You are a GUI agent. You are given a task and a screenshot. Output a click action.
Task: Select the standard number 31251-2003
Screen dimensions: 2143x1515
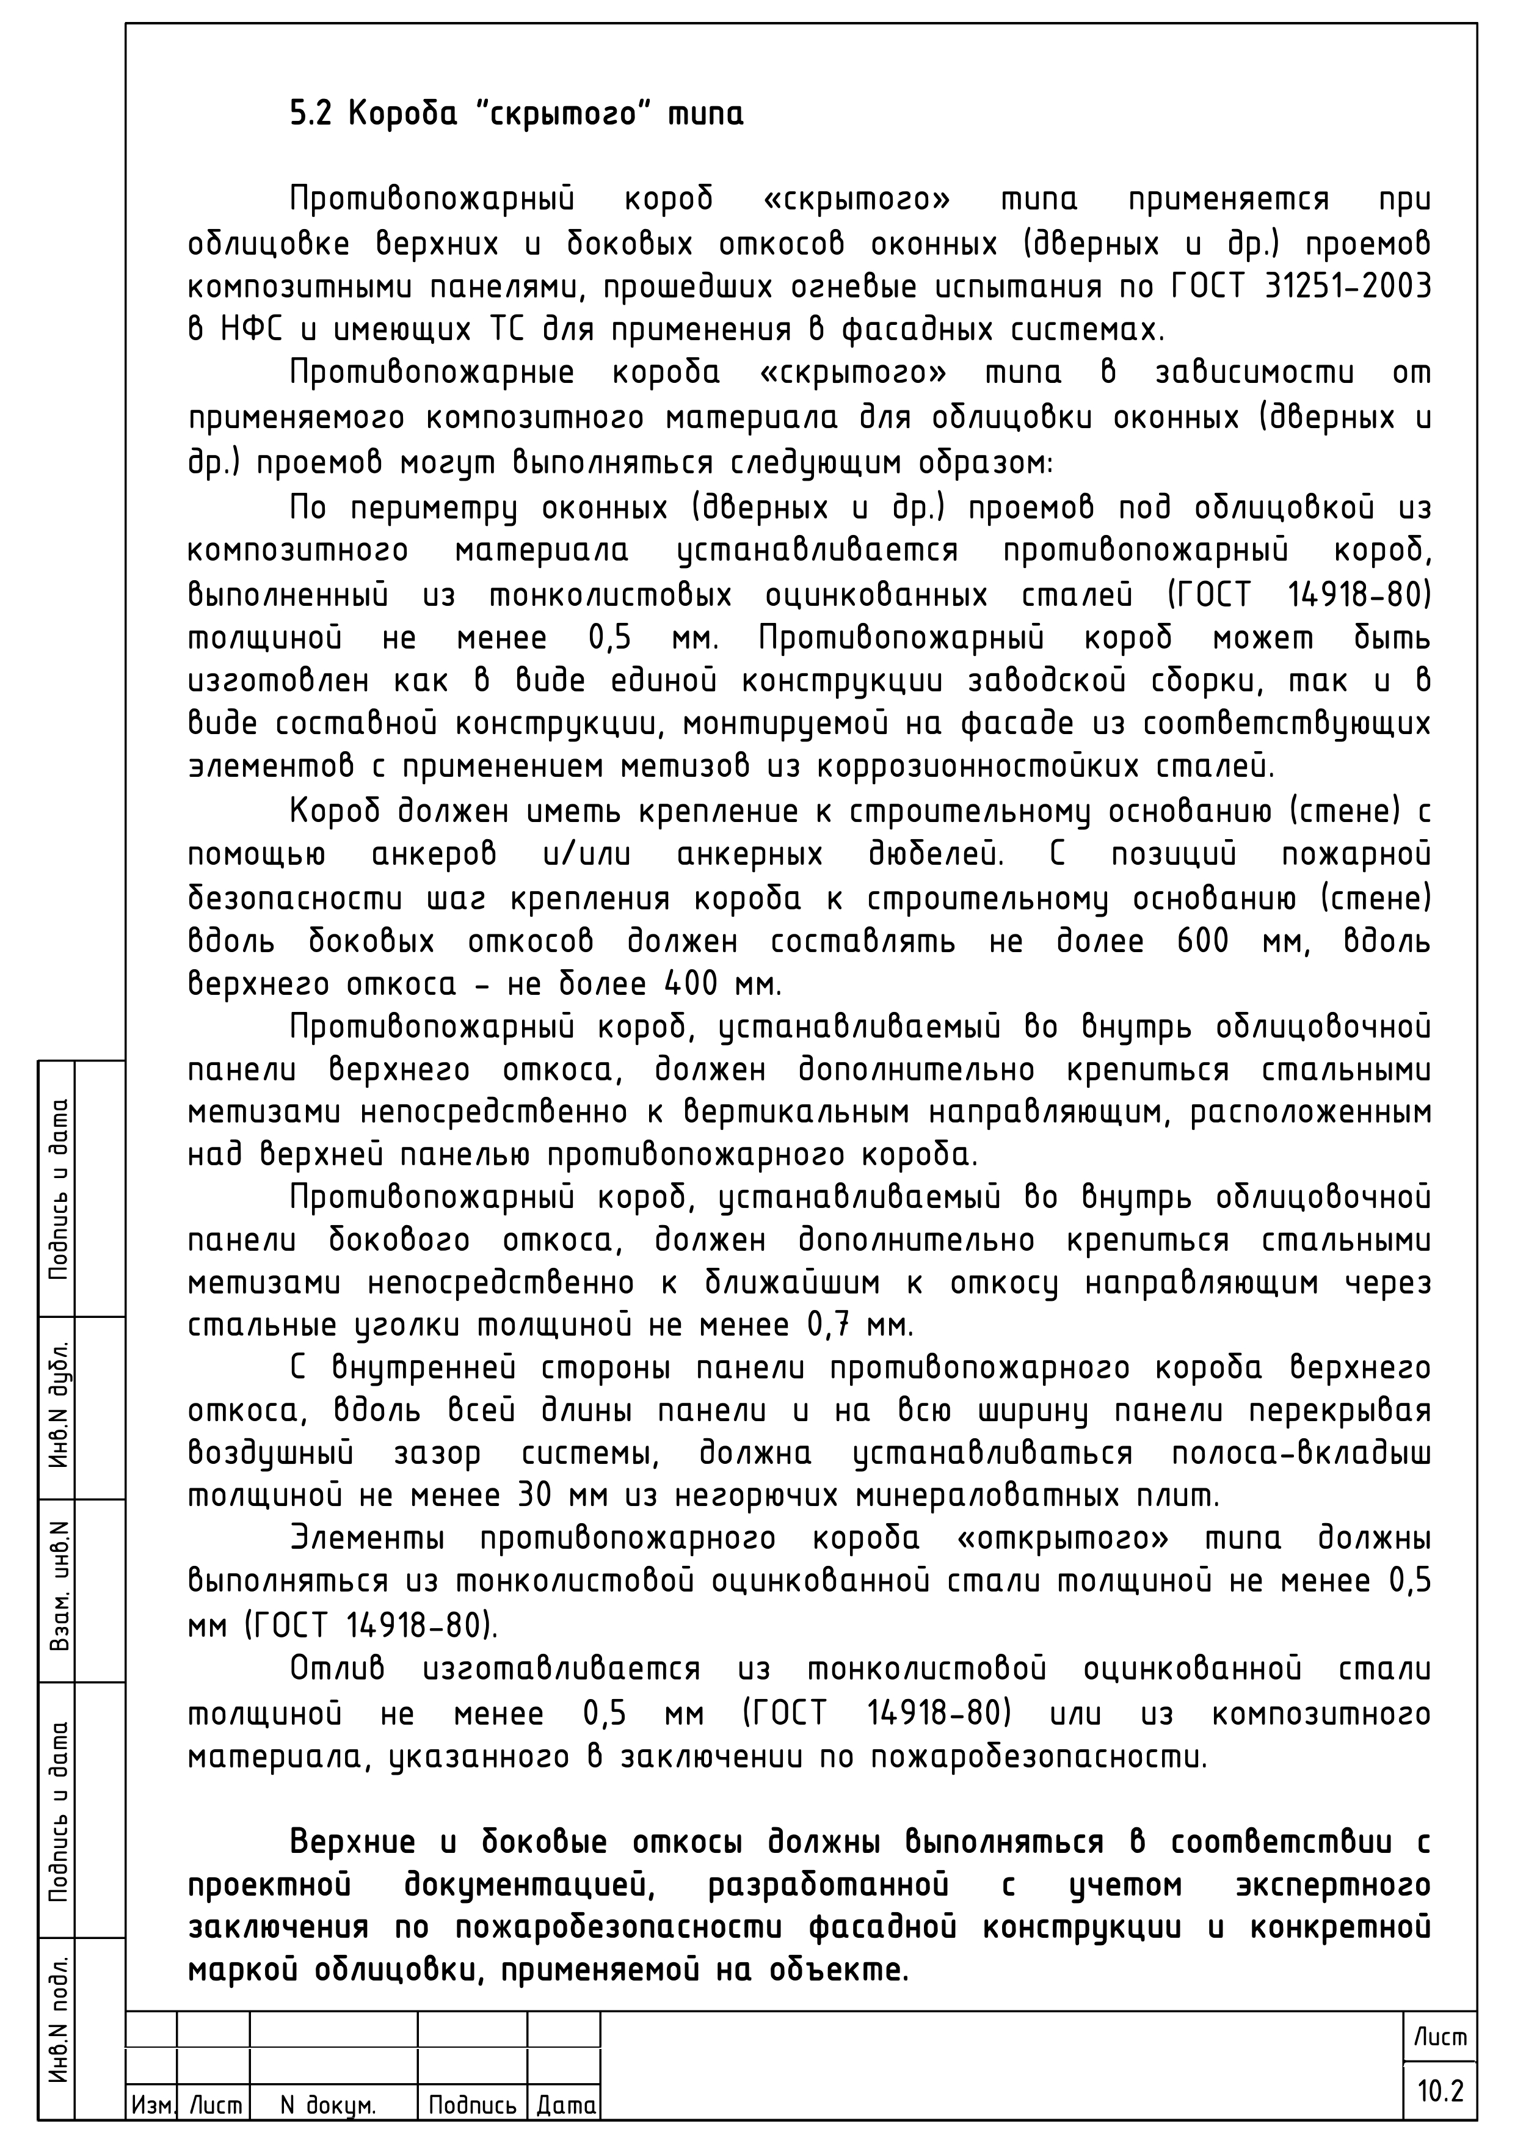[x=1346, y=286]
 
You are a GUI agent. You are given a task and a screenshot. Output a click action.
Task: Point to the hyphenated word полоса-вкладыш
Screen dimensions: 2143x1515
[x=1299, y=1454]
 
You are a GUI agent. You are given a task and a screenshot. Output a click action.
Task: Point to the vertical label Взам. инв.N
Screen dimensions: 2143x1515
[x=58, y=1586]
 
